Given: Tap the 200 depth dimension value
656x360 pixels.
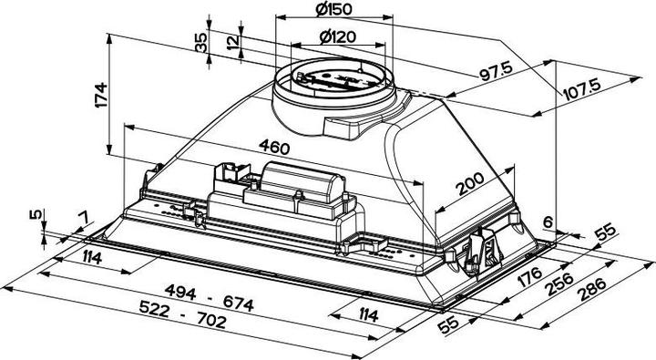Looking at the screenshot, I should (470, 187).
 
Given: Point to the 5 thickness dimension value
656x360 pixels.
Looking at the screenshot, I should (35, 215).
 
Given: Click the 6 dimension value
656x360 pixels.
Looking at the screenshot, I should (548, 220).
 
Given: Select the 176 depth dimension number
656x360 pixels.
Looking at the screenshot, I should (531, 275).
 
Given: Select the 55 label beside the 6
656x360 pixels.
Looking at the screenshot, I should (602, 234).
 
